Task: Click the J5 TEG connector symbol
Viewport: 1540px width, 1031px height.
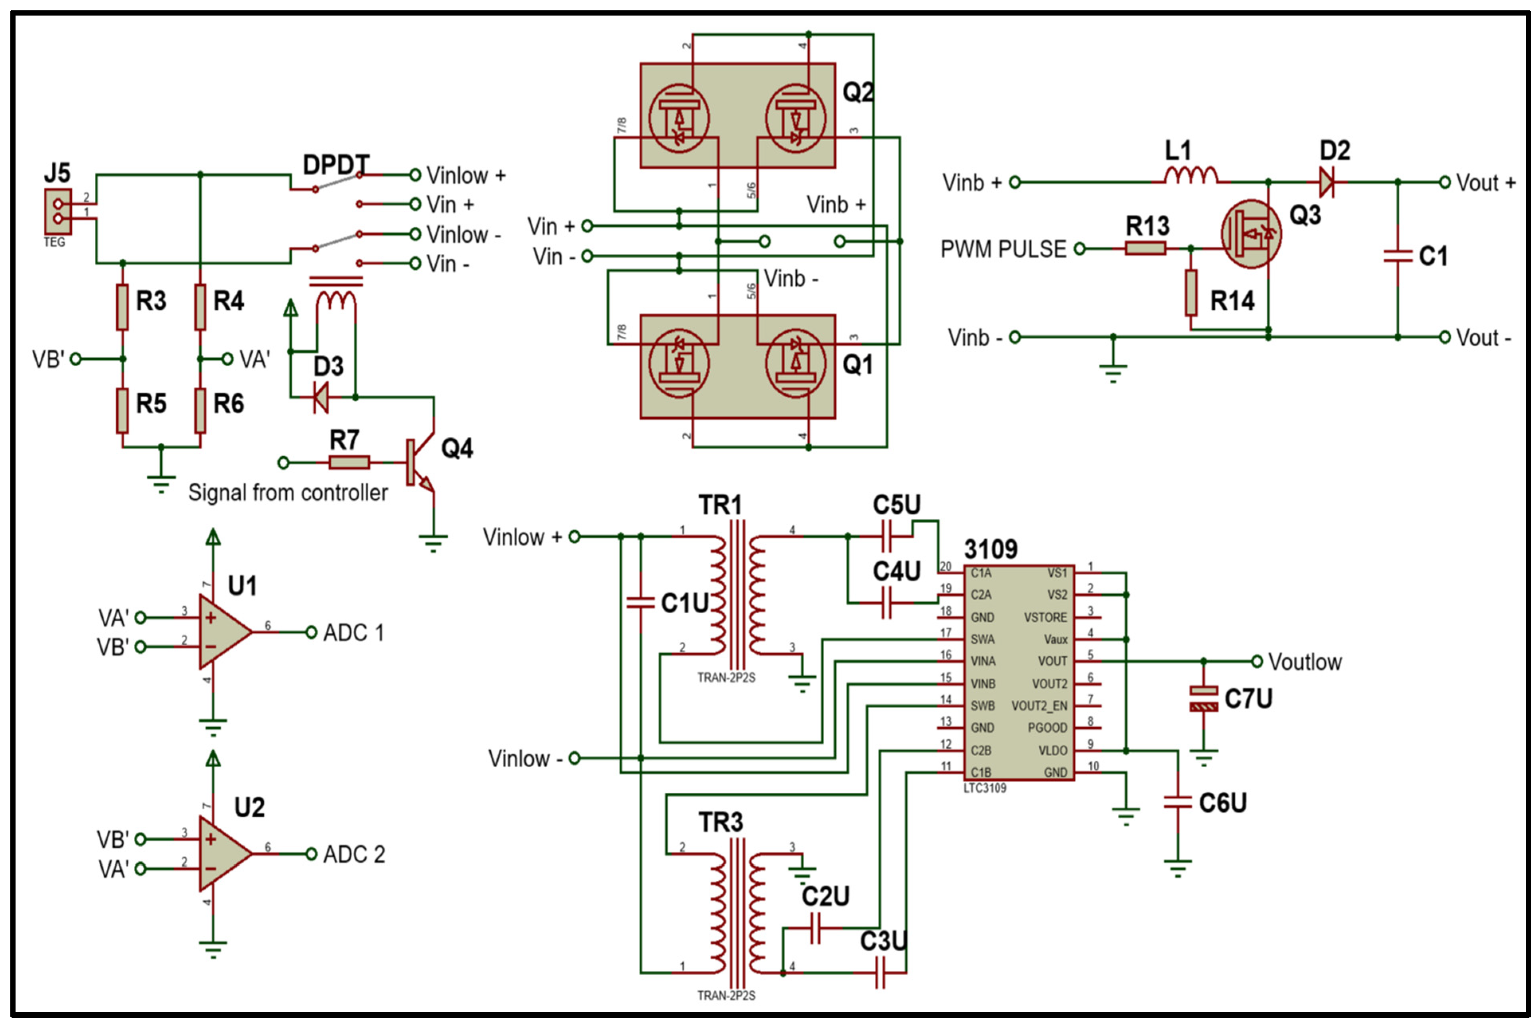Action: (58, 211)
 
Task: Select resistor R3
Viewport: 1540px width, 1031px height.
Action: (122, 306)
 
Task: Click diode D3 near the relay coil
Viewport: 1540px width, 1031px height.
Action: (321, 397)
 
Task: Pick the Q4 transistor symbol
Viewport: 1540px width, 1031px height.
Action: (421, 463)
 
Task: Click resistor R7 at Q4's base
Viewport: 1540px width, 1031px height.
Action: (349, 462)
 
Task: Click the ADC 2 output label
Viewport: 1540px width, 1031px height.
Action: (354, 854)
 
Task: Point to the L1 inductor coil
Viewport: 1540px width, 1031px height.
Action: (1190, 175)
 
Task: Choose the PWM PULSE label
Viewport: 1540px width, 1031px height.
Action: (1003, 249)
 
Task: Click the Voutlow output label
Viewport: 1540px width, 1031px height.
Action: (1305, 662)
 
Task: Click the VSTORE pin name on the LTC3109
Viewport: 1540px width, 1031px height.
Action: (1045, 617)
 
